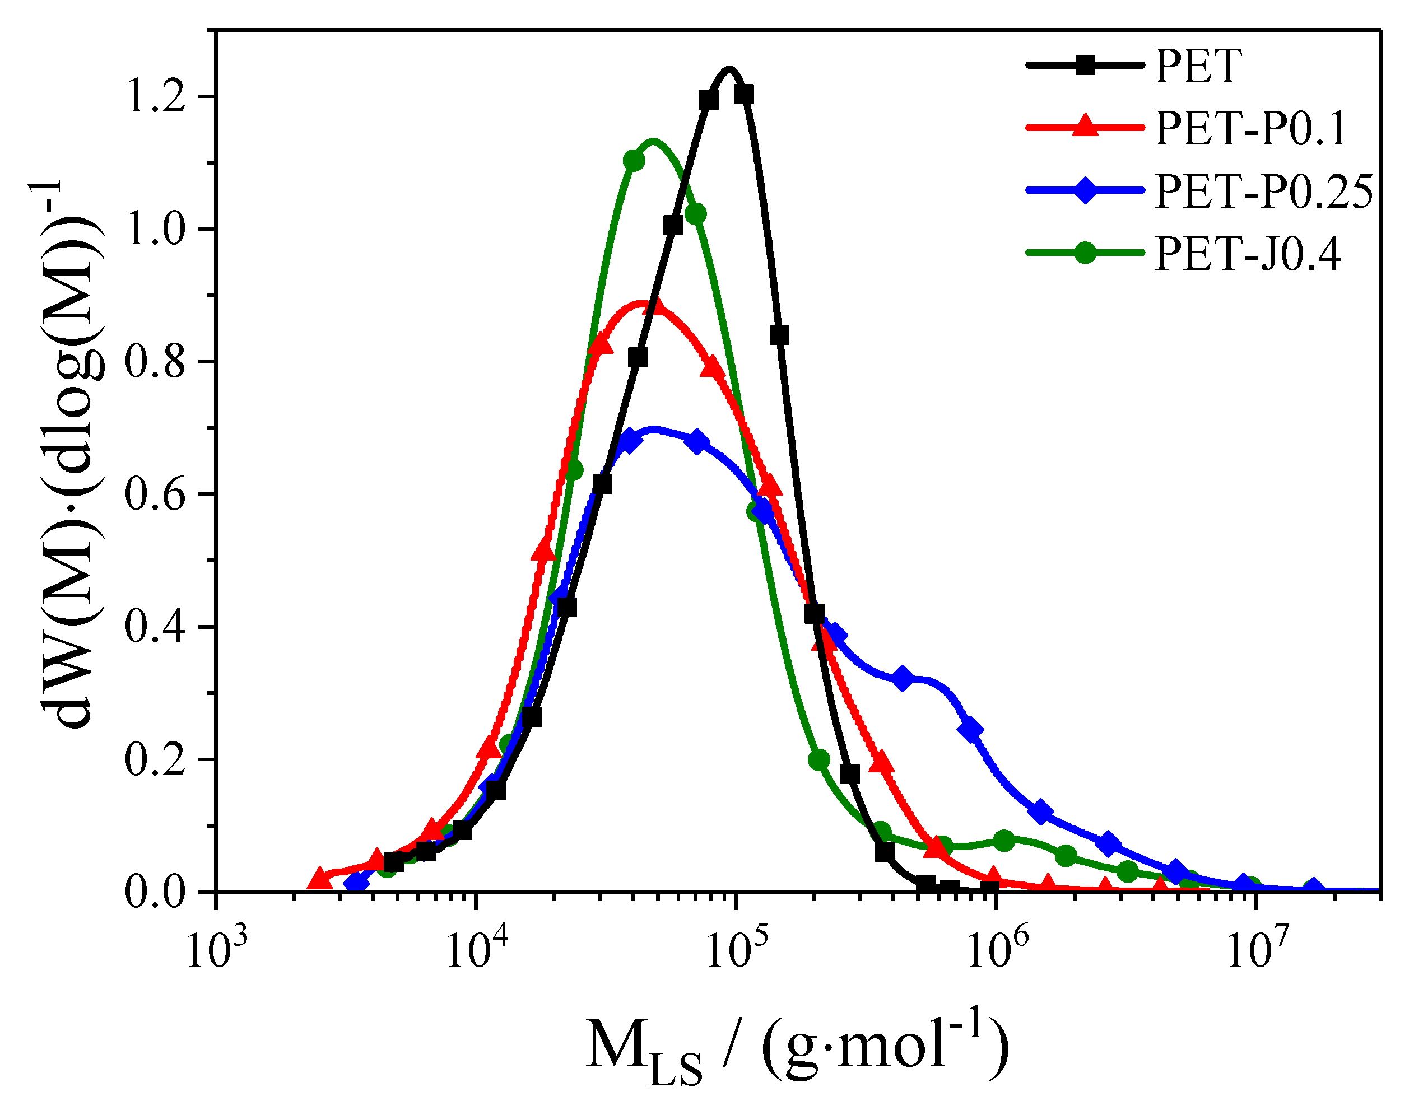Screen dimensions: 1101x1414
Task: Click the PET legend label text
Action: click(1198, 66)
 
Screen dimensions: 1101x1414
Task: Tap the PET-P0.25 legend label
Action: click(1263, 191)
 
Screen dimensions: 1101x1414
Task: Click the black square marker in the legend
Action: click(1085, 66)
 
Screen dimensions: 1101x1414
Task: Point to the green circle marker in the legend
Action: click(1085, 253)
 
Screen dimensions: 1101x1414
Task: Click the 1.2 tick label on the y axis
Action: click(153, 97)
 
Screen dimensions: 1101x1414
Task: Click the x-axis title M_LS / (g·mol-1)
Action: click(796, 1046)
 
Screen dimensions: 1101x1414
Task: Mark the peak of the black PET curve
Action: click(729, 69)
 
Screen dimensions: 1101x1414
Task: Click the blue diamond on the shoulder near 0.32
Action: click(903, 678)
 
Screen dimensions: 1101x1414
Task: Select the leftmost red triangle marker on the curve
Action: click(319, 878)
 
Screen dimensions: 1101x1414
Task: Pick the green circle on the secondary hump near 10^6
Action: click(1004, 841)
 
